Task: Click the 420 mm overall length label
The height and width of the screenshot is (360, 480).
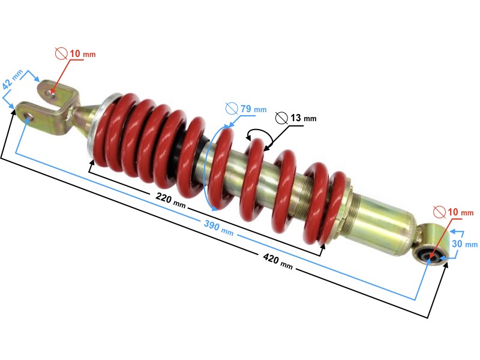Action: tap(277, 262)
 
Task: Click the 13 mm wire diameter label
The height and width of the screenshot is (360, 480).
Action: tap(302, 118)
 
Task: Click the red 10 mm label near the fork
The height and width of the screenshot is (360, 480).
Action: tap(82, 55)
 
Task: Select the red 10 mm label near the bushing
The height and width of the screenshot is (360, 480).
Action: tap(460, 212)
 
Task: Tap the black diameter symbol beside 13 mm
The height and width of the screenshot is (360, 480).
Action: tap(281, 118)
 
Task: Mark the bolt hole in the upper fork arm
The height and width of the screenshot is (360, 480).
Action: tap(53, 92)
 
